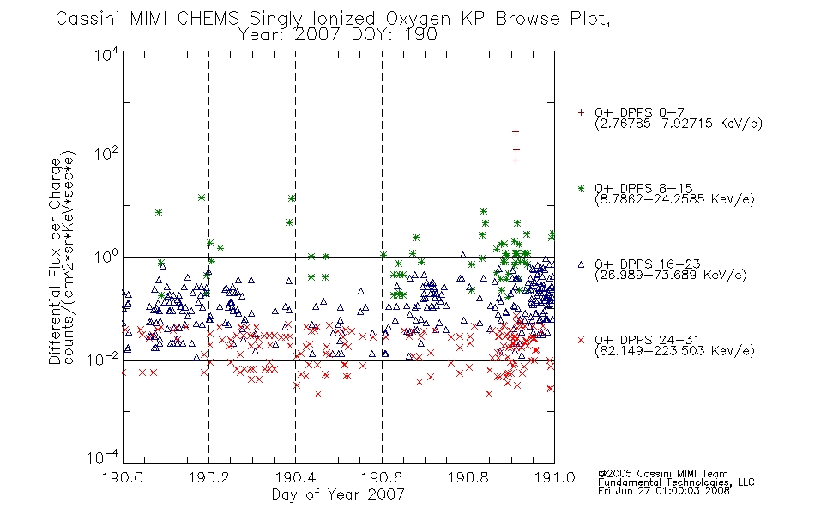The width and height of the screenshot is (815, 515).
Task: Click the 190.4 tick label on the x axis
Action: pos(295,477)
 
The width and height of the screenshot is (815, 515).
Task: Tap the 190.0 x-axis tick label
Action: pos(123,477)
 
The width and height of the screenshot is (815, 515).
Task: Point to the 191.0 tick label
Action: pos(554,477)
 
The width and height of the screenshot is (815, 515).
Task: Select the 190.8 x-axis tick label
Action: pos(468,477)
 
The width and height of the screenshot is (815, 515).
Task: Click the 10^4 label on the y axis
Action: pos(106,54)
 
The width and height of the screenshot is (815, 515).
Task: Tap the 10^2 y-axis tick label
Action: pos(106,154)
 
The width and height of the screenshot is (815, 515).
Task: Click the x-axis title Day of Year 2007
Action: pos(338,494)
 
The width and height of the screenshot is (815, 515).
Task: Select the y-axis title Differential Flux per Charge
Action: pos(55,261)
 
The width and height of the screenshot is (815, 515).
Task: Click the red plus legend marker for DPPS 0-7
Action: pos(581,112)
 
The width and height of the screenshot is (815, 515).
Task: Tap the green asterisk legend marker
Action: pos(581,188)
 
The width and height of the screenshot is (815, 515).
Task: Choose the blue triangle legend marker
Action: pos(581,264)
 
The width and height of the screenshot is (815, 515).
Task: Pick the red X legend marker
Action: pos(581,340)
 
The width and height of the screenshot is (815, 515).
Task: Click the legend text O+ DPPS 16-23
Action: pos(648,264)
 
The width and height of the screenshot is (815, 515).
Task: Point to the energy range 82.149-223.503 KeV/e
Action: pos(674,351)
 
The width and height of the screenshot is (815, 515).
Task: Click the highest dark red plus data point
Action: pos(516,132)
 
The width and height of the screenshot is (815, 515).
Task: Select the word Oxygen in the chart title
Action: pos(419,20)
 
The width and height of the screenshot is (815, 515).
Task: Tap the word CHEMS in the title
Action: pos(208,19)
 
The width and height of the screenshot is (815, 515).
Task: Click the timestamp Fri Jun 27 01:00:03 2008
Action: pos(664,491)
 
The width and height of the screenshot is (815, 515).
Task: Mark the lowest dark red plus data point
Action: pos(516,161)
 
